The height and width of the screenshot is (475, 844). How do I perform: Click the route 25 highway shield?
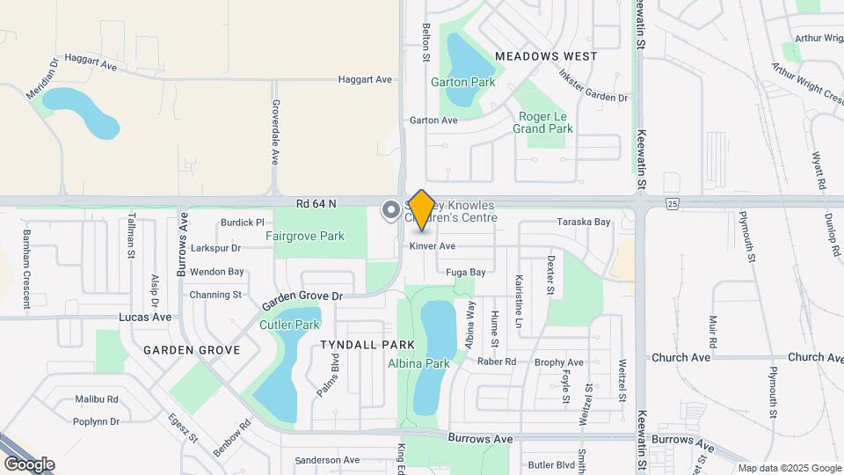(673, 204)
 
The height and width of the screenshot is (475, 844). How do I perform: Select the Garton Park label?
(462, 83)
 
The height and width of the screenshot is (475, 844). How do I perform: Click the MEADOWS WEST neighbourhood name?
(546, 55)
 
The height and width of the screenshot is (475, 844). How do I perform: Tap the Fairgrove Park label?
(305, 236)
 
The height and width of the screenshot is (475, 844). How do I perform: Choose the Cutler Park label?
(289, 325)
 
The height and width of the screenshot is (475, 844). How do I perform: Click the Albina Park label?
(418, 363)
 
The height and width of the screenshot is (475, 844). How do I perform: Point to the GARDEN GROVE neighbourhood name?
(192, 350)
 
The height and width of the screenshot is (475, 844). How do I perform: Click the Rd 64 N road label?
(316, 203)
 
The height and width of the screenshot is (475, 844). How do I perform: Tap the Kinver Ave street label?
(432, 246)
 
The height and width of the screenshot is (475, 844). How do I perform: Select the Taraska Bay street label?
(583, 223)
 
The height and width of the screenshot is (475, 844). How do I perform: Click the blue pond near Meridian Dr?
(80, 112)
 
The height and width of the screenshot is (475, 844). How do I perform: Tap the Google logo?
(29, 464)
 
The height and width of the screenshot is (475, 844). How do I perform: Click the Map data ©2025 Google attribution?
(789, 468)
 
